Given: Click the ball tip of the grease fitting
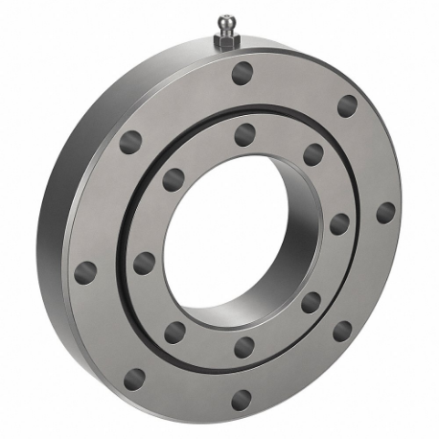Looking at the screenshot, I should (225, 21).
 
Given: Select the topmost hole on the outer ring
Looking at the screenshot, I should (243, 73).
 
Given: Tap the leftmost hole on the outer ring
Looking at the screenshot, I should (85, 271).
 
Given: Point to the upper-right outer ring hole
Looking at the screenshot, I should (347, 105).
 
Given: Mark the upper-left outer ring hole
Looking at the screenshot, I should (130, 143).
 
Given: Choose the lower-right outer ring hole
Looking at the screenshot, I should (342, 331).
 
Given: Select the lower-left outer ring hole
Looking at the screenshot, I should (134, 380).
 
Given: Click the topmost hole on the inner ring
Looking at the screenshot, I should (244, 134).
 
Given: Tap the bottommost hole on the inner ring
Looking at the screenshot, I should (244, 347).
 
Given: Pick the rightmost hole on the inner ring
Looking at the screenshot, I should (339, 224).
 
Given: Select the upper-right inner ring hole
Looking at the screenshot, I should (313, 154).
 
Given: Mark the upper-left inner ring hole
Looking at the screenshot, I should (173, 179).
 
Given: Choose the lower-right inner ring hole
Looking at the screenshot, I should (312, 303).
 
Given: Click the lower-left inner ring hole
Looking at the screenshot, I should (174, 333).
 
